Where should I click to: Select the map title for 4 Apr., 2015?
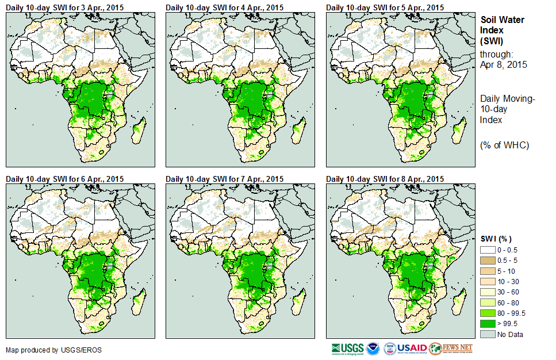(225, 7)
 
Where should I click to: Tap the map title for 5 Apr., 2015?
(385, 7)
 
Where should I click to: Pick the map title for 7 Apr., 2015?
(225, 179)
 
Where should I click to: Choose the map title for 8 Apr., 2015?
(385, 179)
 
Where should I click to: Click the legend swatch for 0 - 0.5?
(488, 250)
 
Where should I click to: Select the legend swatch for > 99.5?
(488, 324)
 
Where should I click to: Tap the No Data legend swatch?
(488, 334)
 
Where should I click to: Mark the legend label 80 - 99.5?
(511, 313)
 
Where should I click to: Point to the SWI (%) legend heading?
(496, 239)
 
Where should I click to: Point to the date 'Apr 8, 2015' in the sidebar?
(504, 64)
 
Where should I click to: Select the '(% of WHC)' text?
(505, 144)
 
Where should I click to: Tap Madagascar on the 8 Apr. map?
(458, 303)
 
